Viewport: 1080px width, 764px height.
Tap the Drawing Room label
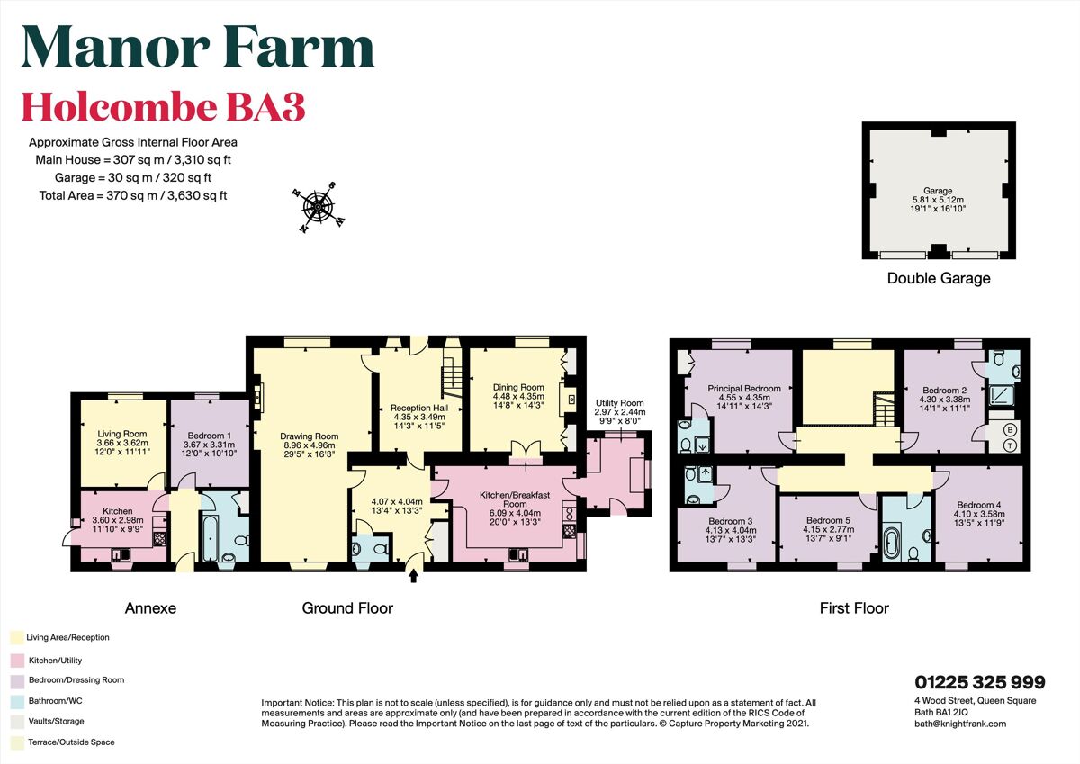coord(308,436)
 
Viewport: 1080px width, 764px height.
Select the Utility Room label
coord(620,404)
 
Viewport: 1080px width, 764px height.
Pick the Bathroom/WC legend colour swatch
coord(15,700)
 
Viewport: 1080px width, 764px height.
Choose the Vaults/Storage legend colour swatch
coord(15,722)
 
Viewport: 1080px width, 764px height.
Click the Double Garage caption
coord(939,278)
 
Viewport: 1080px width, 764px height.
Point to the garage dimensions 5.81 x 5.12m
coord(939,200)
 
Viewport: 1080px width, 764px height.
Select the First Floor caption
coord(853,608)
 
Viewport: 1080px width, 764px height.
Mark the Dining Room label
coord(518,388)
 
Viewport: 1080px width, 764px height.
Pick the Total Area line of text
coord(132,195)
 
